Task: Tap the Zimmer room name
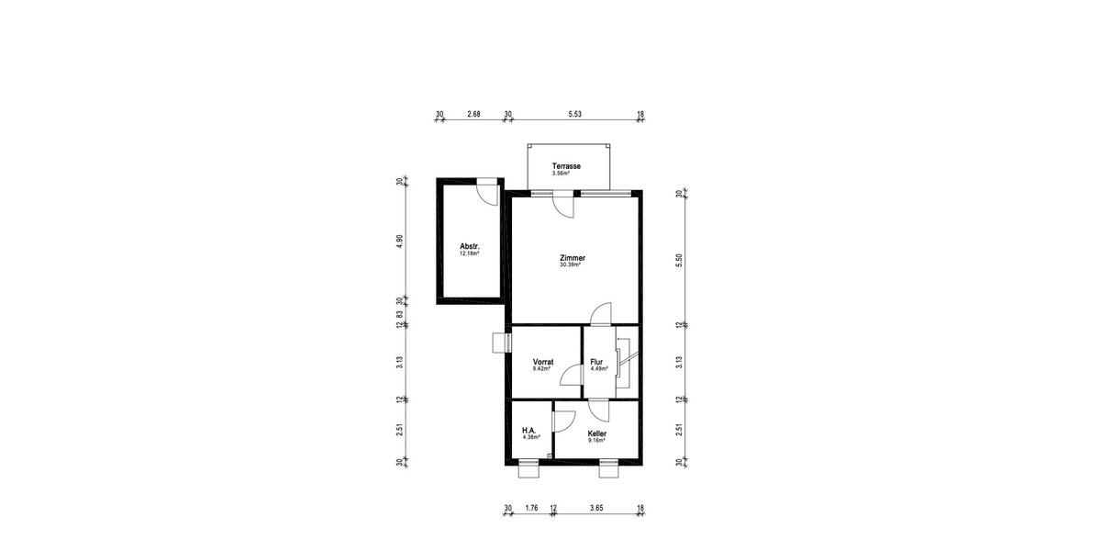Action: click(x=573, y=258)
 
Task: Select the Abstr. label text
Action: click(x=470, y=247)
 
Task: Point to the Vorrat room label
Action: click(x=543, y=362)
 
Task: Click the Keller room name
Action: click(x=597, y=433)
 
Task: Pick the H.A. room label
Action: click(x=528, y=430)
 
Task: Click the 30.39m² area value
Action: click(x=573, y=265)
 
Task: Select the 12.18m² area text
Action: click(x=470, y=254)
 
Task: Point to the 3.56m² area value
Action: click(x=561, y=173)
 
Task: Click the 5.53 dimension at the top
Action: click(x=575, y=114)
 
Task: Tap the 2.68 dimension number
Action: click(x=473, y=114)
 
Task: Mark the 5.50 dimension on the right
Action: click(x=680, y=259)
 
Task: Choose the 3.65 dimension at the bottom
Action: click(x=596, y=508)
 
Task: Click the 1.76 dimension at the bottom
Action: click(x=531, y=508)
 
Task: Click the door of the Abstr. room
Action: click(x=486, y=193)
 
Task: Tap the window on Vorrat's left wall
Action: click(x=501, y=342)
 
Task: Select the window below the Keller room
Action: click(x=608, y=470)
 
